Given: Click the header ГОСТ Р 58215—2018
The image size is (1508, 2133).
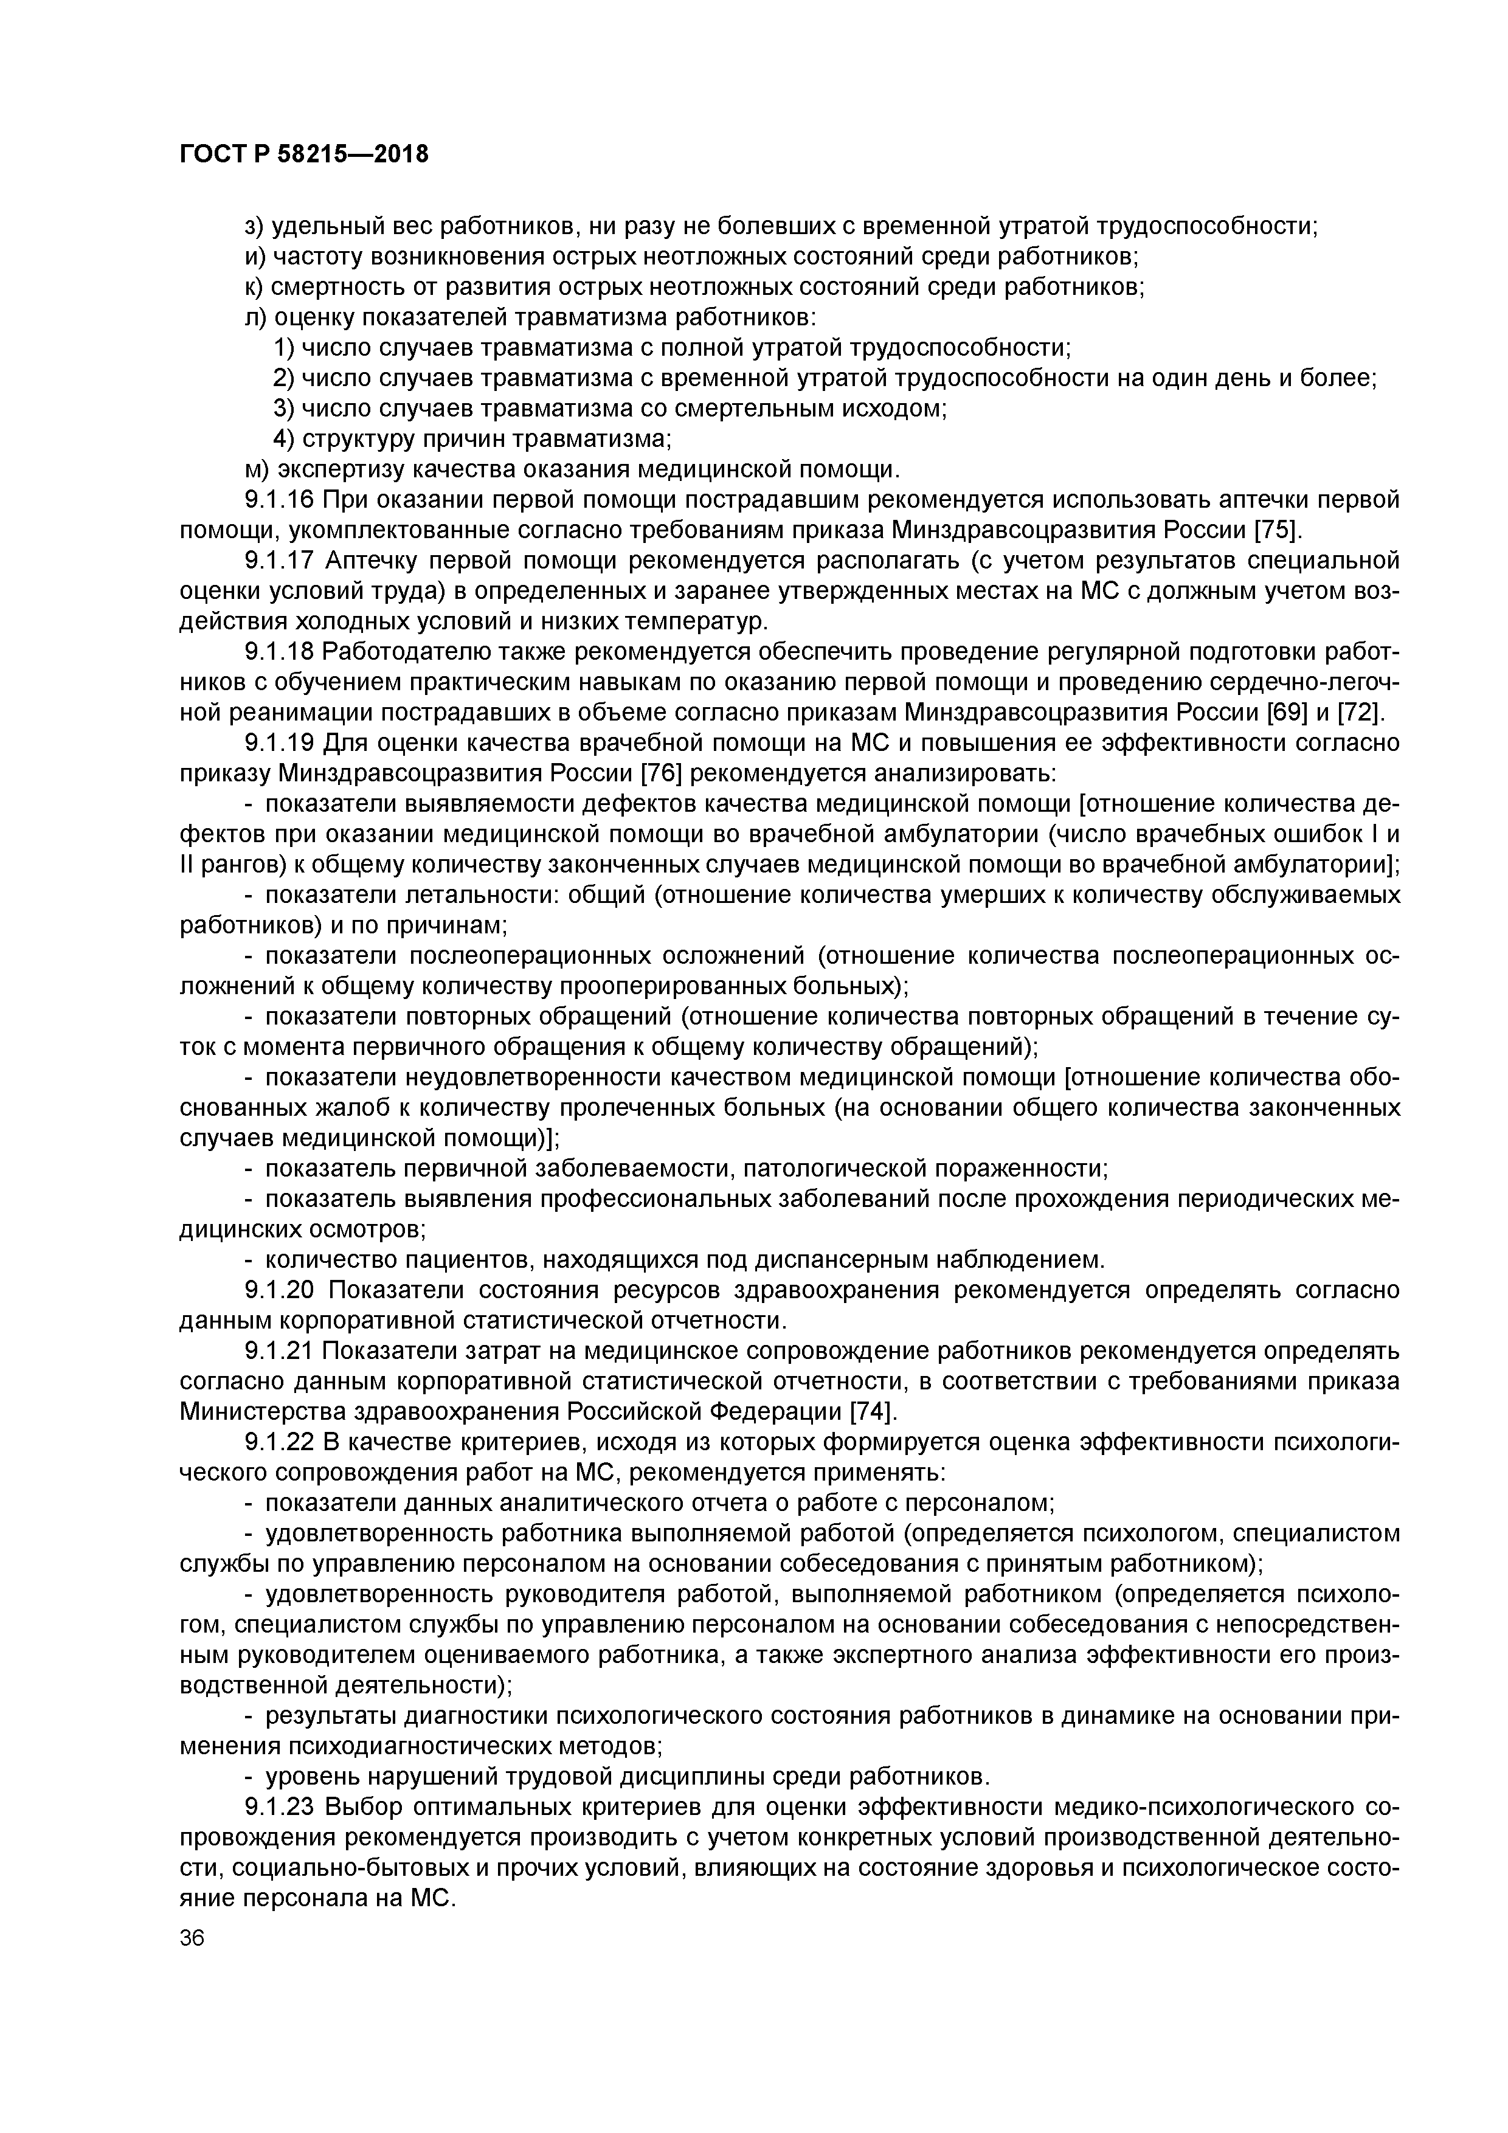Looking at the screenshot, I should click(x=304, y=153).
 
